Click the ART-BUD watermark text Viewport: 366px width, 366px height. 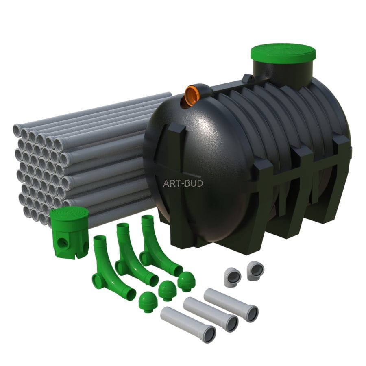point(183,183)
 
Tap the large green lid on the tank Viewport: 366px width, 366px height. point(283,53)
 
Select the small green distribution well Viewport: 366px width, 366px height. point(69,233)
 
